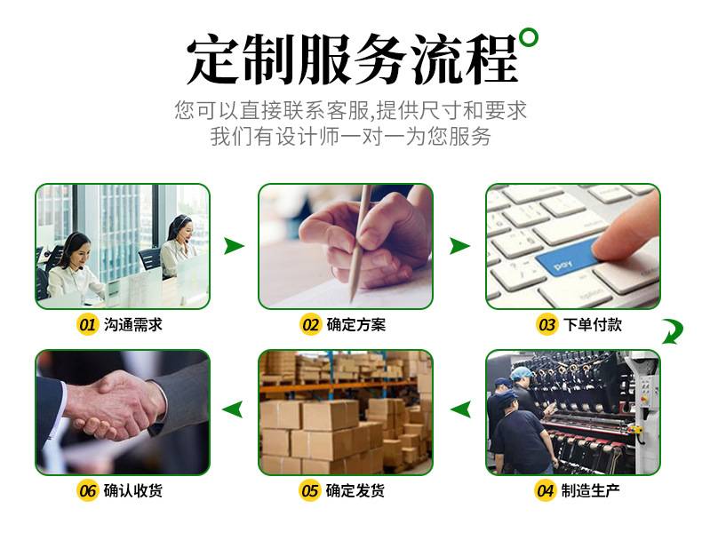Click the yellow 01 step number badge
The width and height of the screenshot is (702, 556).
tap(87, 324)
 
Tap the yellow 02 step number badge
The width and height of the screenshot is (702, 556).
tap(310, 324)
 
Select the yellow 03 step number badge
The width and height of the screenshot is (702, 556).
tap(546, 324)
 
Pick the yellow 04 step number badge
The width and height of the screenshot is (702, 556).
tap(545, 490)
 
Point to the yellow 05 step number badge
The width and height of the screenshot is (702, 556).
tap(309, 490)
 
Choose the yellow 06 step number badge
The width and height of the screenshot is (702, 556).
tap(87, 490)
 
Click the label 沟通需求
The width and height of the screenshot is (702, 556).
tap(133, 324)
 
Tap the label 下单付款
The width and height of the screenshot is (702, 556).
tap(593, 324)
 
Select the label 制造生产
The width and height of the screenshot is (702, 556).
tap(591, 490)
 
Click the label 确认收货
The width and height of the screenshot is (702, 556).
tap(133, 490)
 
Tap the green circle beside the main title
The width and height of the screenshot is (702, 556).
tap(529, 37)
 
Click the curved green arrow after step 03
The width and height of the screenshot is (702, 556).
tap(674, 331)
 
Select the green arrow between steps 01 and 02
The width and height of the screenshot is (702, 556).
tap(234, 246)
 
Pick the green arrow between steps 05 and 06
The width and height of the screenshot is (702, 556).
tap(233, 409)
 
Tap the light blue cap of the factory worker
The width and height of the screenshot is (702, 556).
tap(522, 373)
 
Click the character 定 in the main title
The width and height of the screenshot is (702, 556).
tap(212, 60)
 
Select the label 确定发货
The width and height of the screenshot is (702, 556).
tap(355, 490)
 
